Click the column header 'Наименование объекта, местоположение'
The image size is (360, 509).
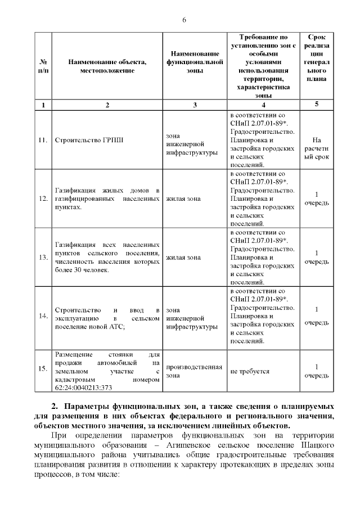click(x=107, y=66)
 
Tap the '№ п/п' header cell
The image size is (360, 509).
click(x=43, y=66)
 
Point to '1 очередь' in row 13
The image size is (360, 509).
click(x=316, y=257)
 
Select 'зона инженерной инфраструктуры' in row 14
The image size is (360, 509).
click(x=191, y=318)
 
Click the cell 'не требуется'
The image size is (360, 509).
click(x=250, y=372)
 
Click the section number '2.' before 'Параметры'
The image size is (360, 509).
click(x=55, y=407)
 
